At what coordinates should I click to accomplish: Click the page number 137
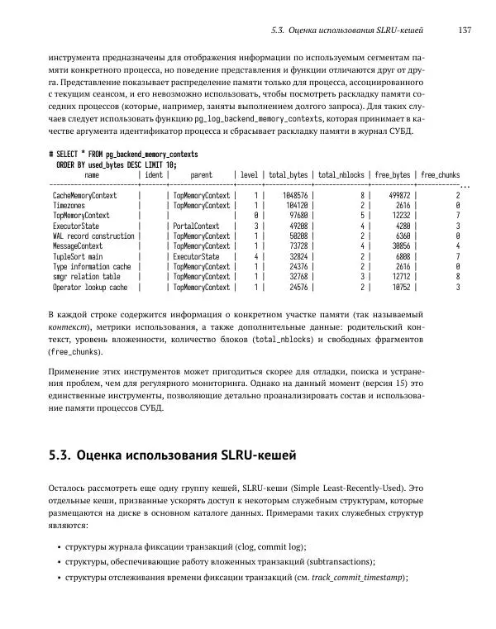pos(464,31)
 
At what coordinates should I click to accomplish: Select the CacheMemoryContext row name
pos(84,195)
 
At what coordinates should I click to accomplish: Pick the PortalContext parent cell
pos(196,226)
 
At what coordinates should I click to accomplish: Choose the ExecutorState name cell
pos(76,226)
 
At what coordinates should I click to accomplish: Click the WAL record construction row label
pos(93,236)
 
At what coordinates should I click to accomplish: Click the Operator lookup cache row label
pos(90,288)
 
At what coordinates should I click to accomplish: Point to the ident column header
pos(154,175)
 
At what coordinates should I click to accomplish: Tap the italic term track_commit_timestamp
pos(360,579)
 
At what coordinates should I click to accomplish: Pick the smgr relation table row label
pos(87,277)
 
